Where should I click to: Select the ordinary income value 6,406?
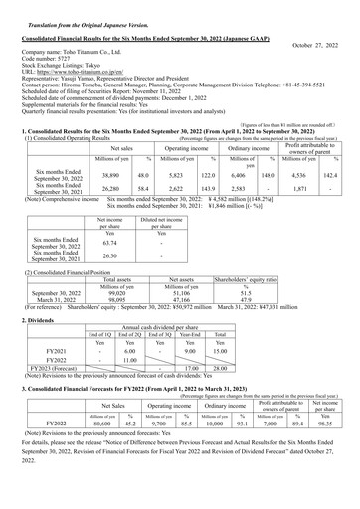(x=237, y=174)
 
